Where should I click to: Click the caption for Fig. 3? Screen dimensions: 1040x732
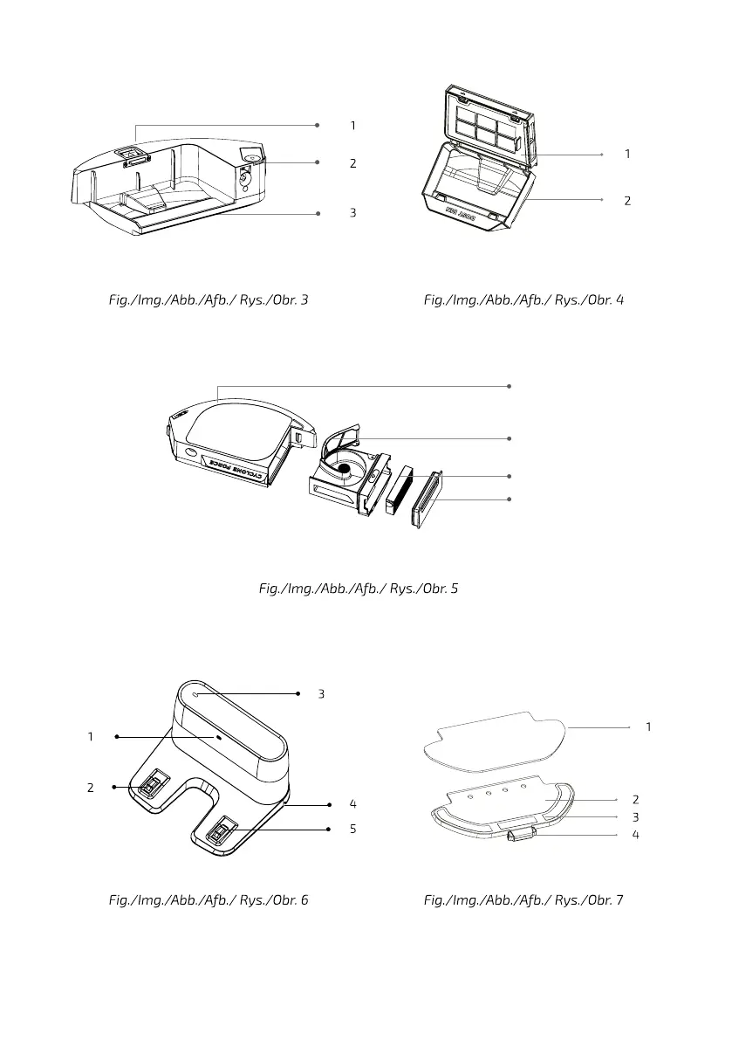point(206,300)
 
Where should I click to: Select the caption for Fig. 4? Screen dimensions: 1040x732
point(523,300)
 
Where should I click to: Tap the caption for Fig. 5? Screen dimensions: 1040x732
point(358,589)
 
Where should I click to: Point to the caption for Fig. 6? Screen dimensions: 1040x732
point(208,899)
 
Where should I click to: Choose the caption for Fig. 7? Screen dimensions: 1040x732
point(523,899)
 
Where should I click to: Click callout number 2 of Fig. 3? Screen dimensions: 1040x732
point(352,163)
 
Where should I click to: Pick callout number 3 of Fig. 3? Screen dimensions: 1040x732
point(352,212)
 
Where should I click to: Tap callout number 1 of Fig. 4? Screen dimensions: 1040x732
point(627,154)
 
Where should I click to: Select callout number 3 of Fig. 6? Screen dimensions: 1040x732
point(321,693)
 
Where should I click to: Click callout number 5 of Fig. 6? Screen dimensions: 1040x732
point(352,829)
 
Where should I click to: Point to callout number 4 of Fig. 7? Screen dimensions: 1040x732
point(635,835)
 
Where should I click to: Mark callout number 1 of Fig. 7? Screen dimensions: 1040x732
point(648,727)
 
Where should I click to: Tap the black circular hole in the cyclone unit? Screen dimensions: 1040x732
point(344,469)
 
